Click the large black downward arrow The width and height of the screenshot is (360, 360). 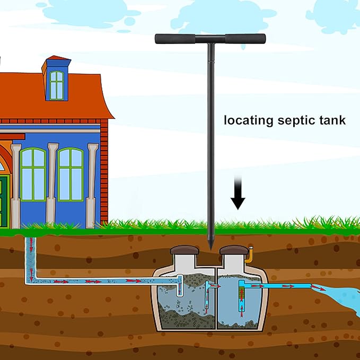pyautogui.click(x=238, y=192)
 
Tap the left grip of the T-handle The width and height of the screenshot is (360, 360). pyautogui.click(x=175, y=39)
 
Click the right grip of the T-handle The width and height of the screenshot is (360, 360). pyautogui.click(x=245, y=39)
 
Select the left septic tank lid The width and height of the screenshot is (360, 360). pyautogui.click(x=185, y=250)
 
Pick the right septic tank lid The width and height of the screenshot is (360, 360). pyautogui.click(x=234, y=250)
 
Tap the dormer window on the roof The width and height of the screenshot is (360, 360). pyautogui.click(x=57, y=85)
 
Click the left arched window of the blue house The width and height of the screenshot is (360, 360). pyautogui.click(x=33, y=174)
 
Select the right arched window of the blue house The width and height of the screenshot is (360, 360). pyautogui.click(x=71, y=174)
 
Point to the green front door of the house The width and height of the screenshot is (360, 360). pyautogui.click(x=4, y=201)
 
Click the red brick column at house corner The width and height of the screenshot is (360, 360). pyautogui.click(x=104, y=172)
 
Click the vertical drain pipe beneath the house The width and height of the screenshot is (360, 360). pyautogui.click(x=31, y=259)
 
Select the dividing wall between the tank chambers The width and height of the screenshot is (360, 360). pyautogui.click(x=216, y=298)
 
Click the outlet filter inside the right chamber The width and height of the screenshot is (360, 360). pyautogui.click(x=241, y=296)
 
